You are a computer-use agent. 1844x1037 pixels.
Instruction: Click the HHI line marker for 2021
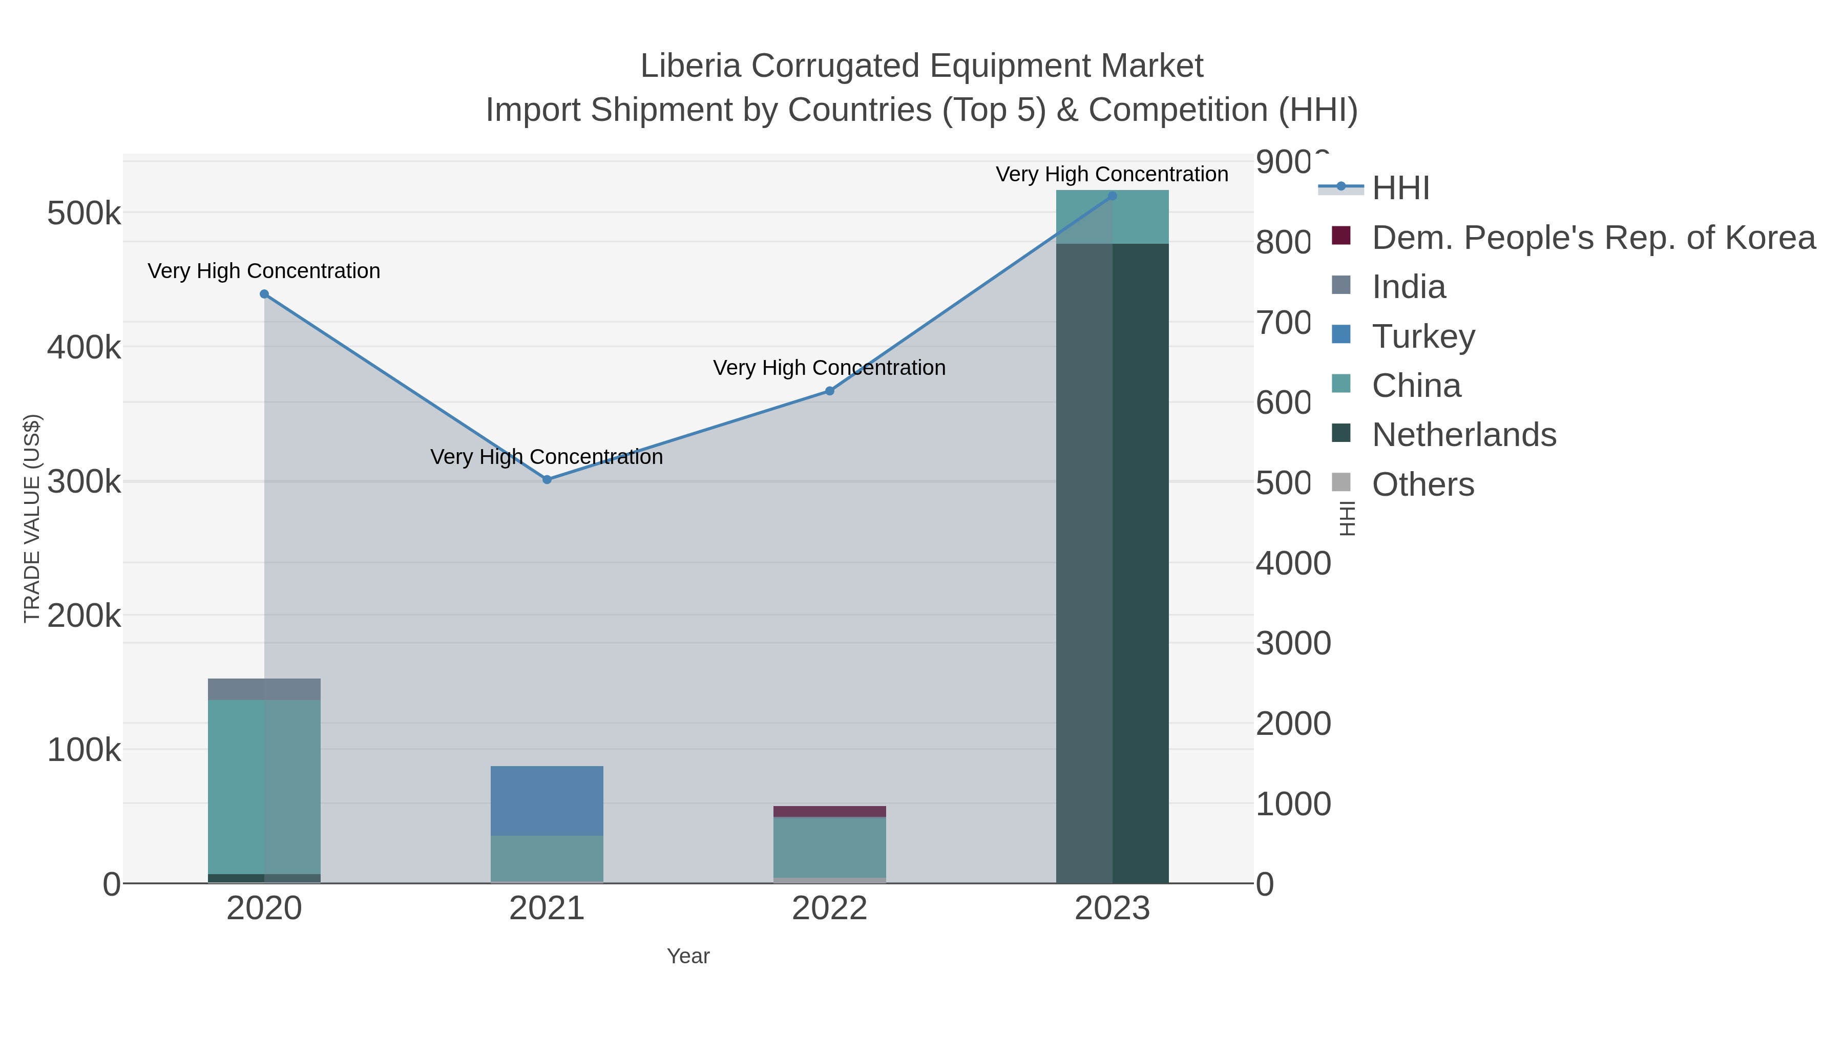coord(547,479)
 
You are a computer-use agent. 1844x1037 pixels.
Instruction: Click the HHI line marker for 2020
coord(264,294)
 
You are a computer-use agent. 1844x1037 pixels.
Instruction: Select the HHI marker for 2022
coord(830,391)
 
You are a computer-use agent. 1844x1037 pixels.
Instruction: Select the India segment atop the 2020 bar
coord(264,689)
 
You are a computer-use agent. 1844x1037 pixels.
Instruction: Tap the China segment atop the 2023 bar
coord(1113,217)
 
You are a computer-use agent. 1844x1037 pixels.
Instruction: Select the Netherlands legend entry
coord(1463,434)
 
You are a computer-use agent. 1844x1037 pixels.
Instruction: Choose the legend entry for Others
coord(1422,484)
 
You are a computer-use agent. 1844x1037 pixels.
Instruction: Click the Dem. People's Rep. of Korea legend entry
coord(1592,238)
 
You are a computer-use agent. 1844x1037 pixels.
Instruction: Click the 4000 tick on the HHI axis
coord(1293,563)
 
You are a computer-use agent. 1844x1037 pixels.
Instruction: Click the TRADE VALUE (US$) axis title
coord(32,519)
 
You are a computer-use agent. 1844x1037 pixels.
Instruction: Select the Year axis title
coord(688,956)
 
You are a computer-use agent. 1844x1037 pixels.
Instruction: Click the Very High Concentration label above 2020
coord(264,271)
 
